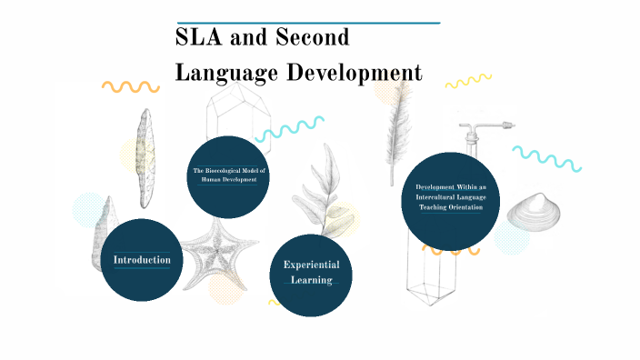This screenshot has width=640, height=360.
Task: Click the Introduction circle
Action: pyautogui.click(x=142, y=260)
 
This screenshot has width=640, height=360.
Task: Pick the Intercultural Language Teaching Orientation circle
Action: pyautogui.click(x=450, y=196)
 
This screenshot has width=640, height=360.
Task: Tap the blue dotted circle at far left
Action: pyautogui.click(x=90, y=210)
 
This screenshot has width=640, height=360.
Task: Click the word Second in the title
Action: pyautogui.click(x=312, y=39)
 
